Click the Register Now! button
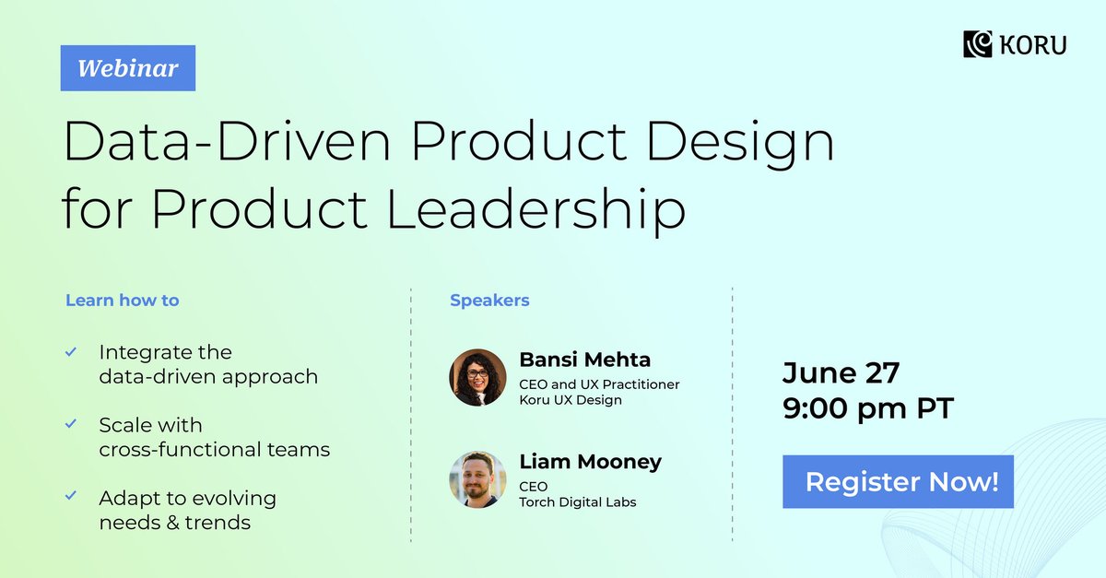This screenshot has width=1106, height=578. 898,482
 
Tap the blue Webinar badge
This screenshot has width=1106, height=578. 128,68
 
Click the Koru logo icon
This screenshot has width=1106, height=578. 977,43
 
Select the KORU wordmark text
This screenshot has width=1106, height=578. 1032,44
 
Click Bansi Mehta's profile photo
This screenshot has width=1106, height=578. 477,378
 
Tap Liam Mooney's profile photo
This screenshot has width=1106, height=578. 477,479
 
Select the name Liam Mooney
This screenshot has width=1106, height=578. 590,461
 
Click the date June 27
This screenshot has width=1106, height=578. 841,373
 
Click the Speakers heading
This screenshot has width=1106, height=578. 489,301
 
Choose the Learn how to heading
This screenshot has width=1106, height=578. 123,301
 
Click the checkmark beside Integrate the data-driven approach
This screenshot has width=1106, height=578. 71,352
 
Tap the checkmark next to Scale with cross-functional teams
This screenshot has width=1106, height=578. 71,425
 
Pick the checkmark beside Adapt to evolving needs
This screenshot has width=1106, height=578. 71,497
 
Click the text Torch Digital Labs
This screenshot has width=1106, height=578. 578,502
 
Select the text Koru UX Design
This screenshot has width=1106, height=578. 571,400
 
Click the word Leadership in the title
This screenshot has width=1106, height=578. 535,210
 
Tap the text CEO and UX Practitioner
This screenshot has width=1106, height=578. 599,384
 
